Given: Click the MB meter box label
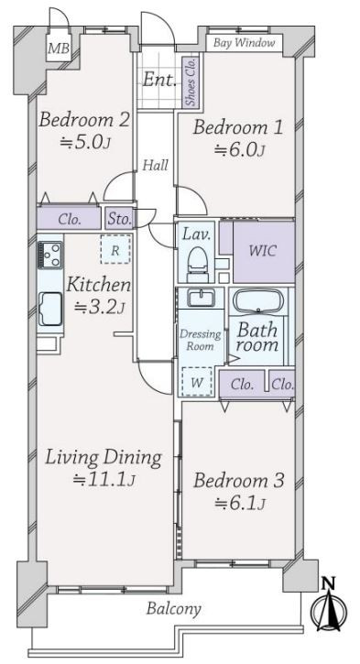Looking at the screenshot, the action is click(x=59, y=49).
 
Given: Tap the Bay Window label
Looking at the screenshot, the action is click(x=244, y=43).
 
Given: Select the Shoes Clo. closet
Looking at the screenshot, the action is click(x=191, y=82).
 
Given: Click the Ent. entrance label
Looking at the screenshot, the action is click(x=158, y=79).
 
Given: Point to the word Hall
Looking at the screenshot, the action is click(x=155, y=165).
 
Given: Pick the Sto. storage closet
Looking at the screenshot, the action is click(x=119, y=218).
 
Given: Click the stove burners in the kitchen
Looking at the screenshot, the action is click(x=50, y=255).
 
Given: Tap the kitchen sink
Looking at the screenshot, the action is click(x=50, y=308).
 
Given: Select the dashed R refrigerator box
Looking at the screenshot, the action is click(x=115, y=249).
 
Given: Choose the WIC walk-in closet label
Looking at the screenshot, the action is click(x=263, y=251).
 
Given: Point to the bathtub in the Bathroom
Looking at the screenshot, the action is click(x=258, y=300).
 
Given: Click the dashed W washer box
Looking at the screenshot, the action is click(x=197, y=381).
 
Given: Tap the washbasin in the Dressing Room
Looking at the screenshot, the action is click(x=201, y=298).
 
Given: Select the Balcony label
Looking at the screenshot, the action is click(x=174, y=609).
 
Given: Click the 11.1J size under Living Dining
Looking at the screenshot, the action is click(x=104, y=479).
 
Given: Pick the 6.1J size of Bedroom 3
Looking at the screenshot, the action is click(x=240, y=504).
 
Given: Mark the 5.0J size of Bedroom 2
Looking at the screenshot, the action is click(x=85, y=143).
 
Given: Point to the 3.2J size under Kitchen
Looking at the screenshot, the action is click(x=99, y=308).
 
